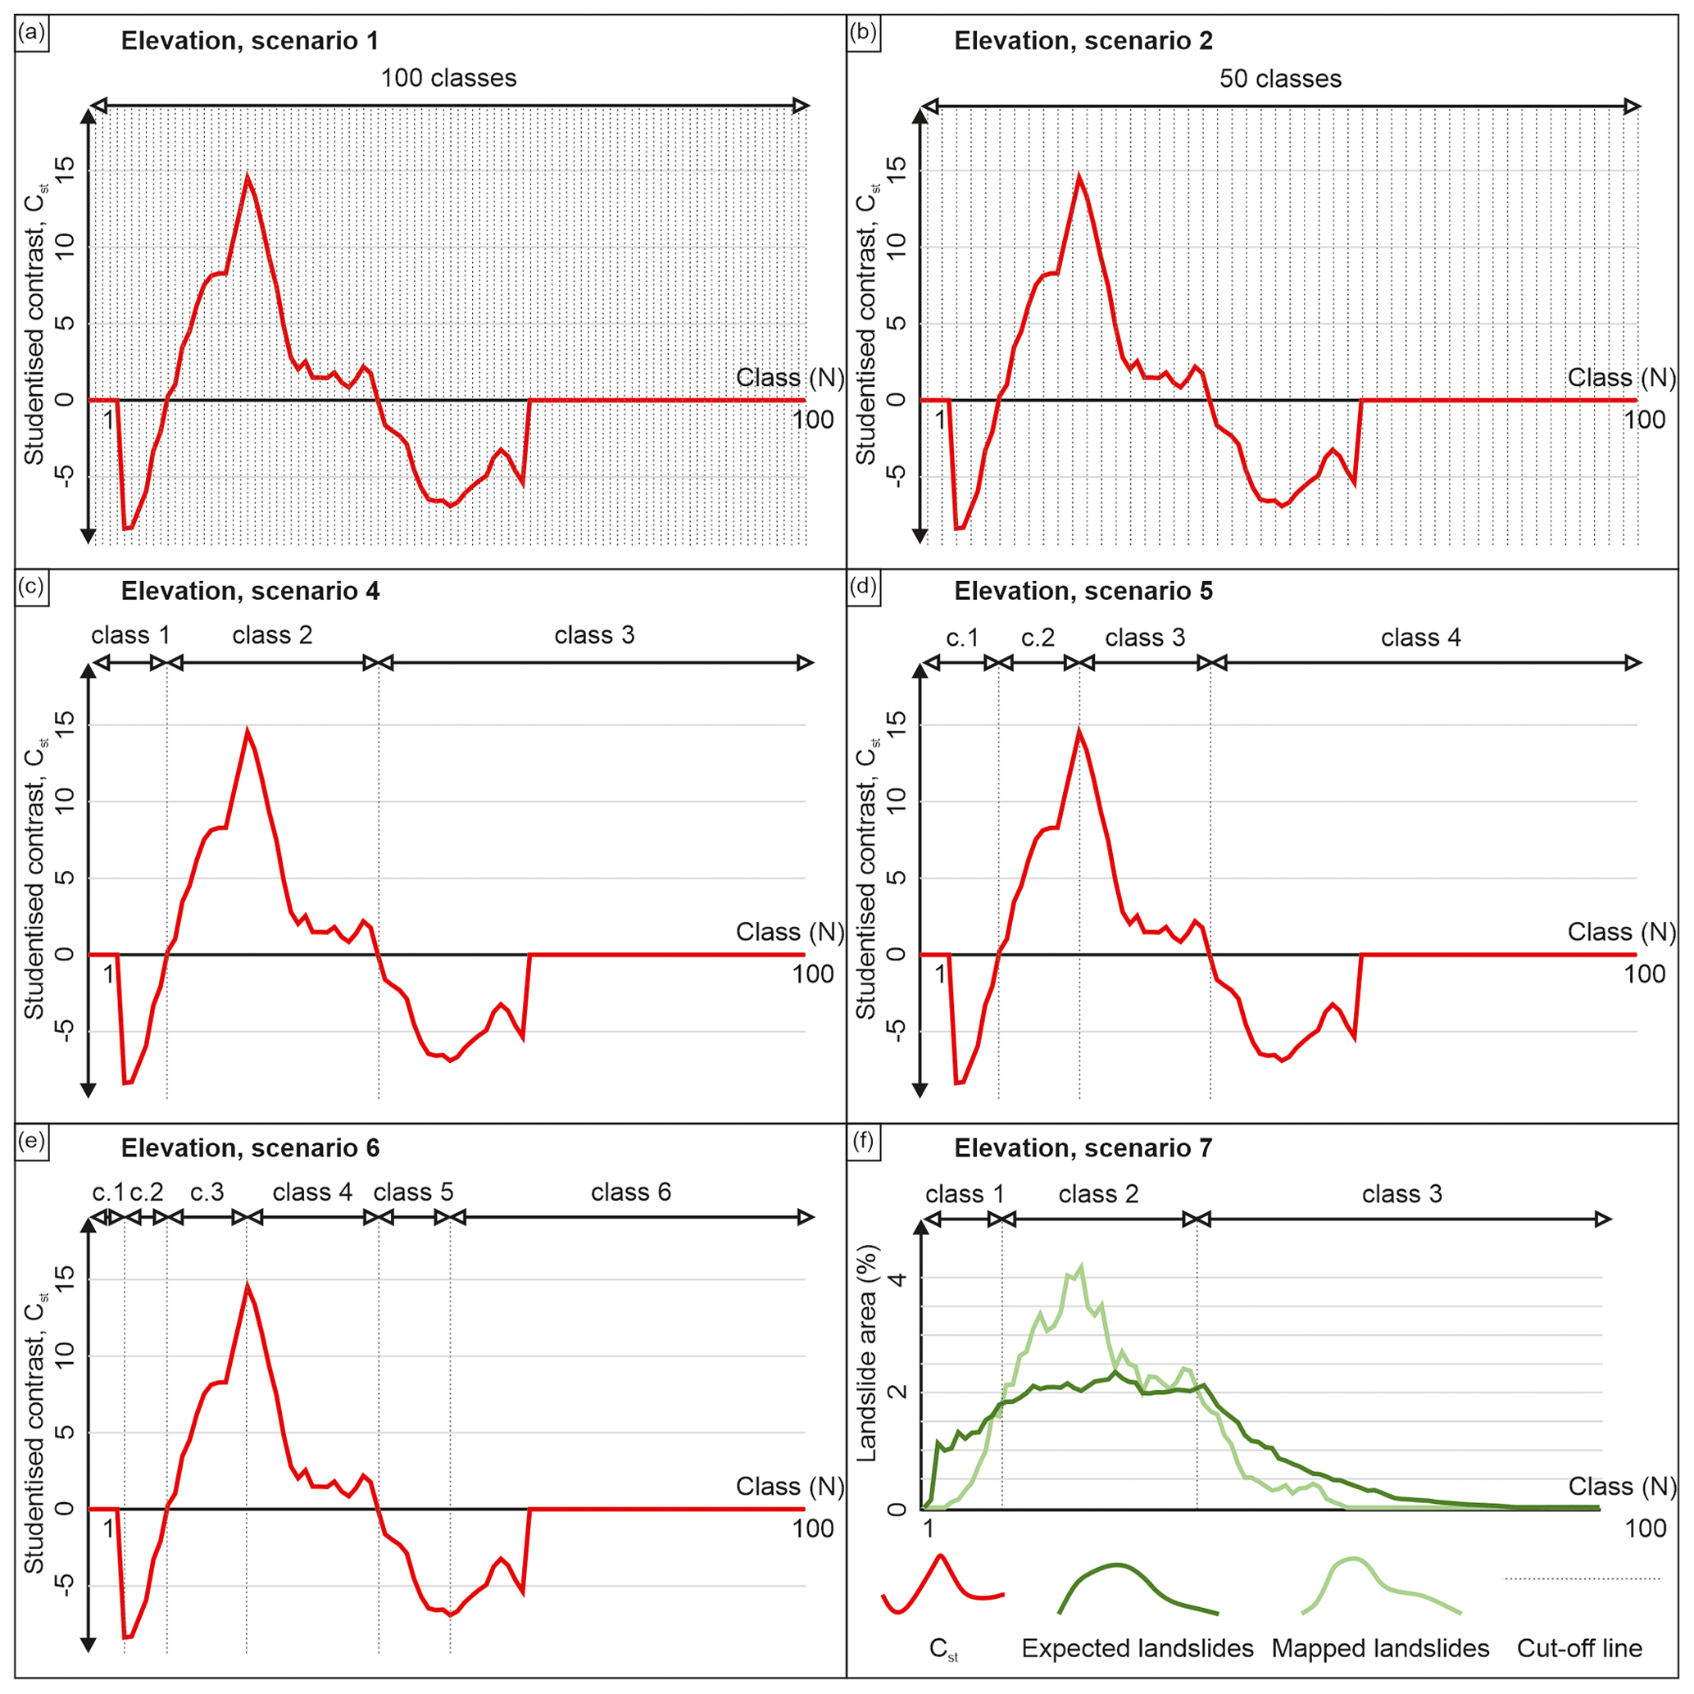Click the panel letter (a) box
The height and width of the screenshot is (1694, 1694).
[x=32, y=34]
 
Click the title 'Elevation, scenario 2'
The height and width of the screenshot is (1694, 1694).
[x=1083, y=40]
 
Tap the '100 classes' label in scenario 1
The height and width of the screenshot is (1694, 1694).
[x=448, y=78]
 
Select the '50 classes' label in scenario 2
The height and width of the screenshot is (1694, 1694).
[x=1280, y=79]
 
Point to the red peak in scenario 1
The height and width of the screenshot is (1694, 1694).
[x=248, y=177]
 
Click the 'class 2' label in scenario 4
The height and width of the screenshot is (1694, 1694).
[x=272, y=635]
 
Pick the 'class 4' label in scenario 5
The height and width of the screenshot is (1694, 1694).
[x=1420, y=638]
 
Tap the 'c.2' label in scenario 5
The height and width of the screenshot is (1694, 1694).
[x=1038, y=638]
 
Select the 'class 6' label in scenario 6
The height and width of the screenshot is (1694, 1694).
[x=630, y=1192]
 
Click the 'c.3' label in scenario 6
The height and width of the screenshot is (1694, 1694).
[x=207, y=1192]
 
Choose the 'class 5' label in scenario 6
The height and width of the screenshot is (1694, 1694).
[x=413, y=1192]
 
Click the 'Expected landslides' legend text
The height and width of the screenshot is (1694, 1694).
[x=1138, y=1648]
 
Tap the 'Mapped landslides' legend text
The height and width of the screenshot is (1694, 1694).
[x=1380, y=1648]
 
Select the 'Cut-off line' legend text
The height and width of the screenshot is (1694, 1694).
[x=1579, y=1648]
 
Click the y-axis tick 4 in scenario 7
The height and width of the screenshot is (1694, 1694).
[x=897, y=1279]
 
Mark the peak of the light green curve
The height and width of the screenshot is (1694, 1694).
[x=1081, y=1266]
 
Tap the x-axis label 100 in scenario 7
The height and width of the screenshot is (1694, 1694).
[x=1645, y=1528]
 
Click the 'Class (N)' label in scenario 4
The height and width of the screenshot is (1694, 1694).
[x=789, y=932]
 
